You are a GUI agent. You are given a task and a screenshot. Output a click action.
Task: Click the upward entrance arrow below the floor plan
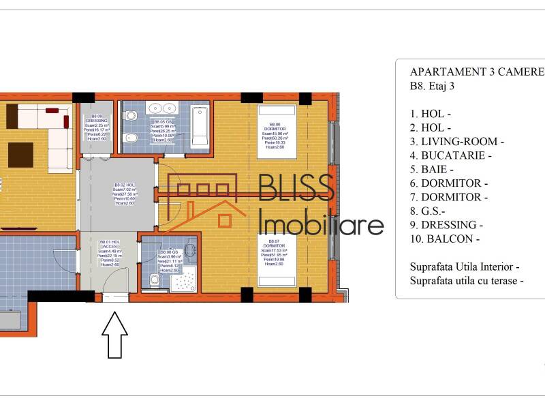point(114,335)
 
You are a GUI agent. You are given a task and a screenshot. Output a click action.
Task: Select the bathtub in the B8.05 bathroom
point(200,127)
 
